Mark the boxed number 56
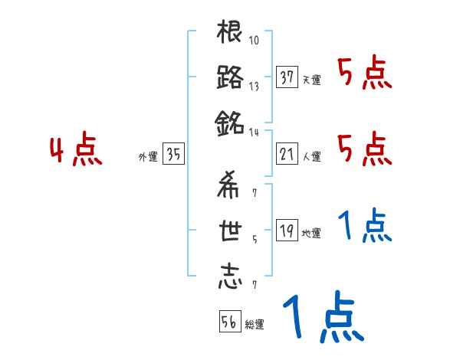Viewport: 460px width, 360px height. tap(229, 322)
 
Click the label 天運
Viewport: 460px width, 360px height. tap(312, 80)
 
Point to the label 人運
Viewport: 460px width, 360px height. tap(312, 157)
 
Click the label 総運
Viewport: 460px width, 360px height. tap(254, 325)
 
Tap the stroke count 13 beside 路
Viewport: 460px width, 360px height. tap(254, 87)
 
